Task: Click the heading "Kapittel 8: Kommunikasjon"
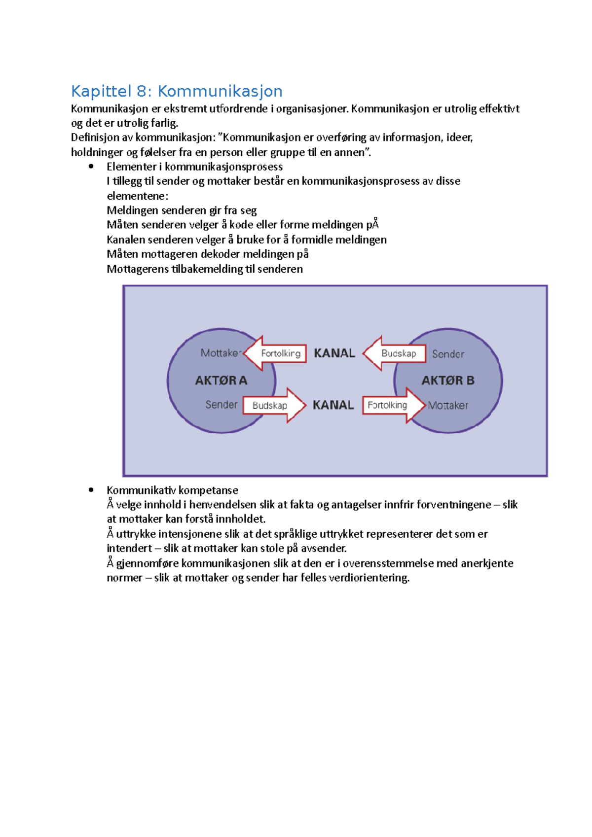[x=177, y=91]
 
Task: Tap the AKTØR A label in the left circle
[x=221, y=381]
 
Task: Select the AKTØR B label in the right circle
[x=448, y=381]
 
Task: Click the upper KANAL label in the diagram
[x=334, y=353]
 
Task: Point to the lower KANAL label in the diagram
[x=333, y=405]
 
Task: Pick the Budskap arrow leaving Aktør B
[x=395, y=353]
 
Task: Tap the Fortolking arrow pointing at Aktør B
[x=392, y=405]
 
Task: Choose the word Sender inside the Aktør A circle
[x=221, y=405]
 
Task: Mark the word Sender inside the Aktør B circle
[x=448, y=354]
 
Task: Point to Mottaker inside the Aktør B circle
[x=448, y=406]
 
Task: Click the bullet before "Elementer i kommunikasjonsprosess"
[x=91, y=167]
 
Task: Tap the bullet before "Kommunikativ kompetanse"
[x=91, y=490]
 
